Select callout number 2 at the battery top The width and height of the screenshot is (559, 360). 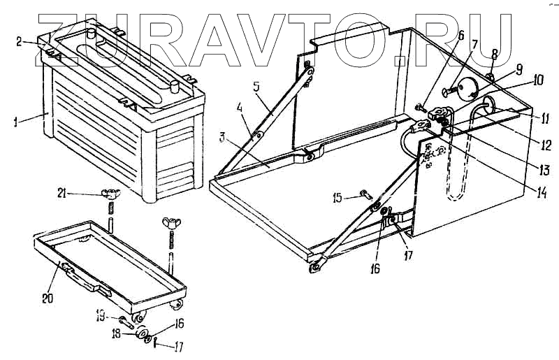tap(20, 41)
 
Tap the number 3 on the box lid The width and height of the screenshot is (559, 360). tap(222, 137)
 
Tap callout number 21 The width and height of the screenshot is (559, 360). tap(63, 195)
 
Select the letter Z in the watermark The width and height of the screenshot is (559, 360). tap(69, 31)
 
